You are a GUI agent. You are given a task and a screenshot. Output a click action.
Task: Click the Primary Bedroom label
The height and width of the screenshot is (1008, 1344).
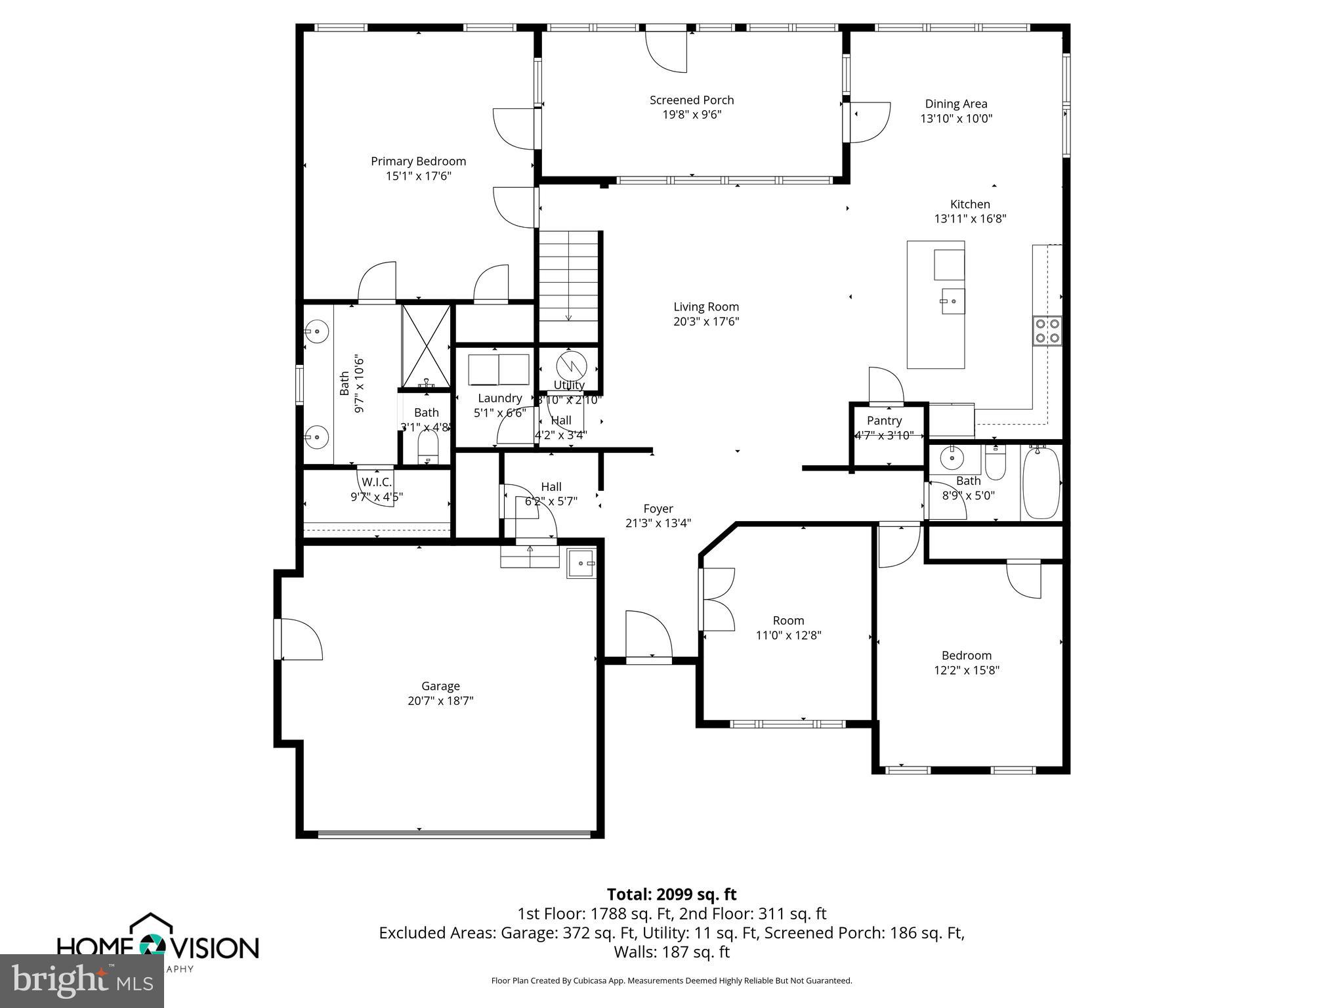(x=418, y=161)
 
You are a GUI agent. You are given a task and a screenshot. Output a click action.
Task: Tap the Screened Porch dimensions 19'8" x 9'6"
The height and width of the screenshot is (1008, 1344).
(x=692, y=115)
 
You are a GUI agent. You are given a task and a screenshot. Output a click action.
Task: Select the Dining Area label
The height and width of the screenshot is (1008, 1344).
(x=955, y=104)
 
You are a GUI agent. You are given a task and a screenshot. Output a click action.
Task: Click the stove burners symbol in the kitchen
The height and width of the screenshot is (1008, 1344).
(x=1047, y=331)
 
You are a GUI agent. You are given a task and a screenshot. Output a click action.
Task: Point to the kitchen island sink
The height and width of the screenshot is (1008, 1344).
(x=953, y=301)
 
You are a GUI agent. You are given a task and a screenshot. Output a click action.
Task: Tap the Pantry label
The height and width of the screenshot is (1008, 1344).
(x=884, y=421)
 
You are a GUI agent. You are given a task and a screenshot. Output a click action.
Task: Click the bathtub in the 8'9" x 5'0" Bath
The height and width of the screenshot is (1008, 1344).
(x=1041, y=482)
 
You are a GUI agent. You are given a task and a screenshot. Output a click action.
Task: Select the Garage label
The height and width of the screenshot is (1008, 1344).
(x=440, y=686)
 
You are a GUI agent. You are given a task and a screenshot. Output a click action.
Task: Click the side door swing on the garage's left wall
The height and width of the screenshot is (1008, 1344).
(x=300, y=639)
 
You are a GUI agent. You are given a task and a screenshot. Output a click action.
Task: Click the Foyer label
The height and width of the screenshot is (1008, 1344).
(x=658, y=509)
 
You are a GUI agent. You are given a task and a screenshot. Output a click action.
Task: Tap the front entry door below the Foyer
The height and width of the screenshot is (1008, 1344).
(x=648, y=637)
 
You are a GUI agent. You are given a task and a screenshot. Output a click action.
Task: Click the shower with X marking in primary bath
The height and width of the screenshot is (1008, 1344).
(x=426, y=345)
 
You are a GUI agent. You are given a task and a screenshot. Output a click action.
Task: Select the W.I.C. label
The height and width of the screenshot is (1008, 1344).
(x=377, y=482)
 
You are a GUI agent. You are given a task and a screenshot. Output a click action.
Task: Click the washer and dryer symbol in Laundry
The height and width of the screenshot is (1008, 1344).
(x=499, y=369)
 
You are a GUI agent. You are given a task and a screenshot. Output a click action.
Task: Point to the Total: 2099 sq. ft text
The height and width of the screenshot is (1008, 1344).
(x=671, y=894)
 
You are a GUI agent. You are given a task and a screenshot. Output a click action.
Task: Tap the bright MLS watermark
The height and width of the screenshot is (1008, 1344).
(x=82, y=981)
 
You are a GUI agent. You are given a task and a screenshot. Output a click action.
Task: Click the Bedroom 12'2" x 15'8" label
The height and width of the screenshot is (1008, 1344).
(x=966, y=656)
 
